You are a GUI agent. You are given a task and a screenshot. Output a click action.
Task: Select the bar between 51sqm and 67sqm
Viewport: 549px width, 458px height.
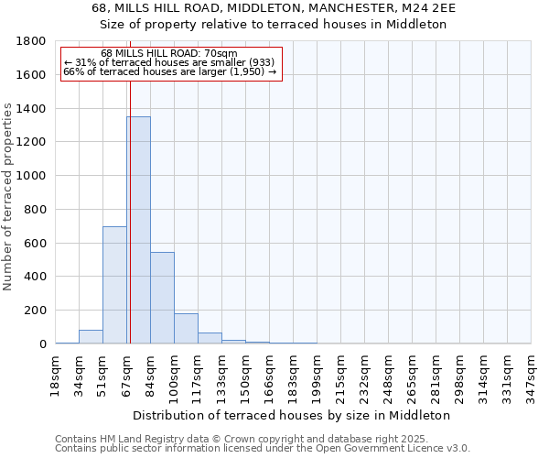(x=114, y=284)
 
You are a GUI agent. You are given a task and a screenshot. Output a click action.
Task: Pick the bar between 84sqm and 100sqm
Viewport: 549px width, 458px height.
(x=162, y=298)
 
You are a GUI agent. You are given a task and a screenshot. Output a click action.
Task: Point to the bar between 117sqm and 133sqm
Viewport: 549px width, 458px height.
(x=210, y=339)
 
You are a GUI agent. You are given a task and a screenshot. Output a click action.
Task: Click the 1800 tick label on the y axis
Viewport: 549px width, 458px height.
(x=32, y=41)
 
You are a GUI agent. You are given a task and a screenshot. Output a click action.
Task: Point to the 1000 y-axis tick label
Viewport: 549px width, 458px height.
(x=32, y=176)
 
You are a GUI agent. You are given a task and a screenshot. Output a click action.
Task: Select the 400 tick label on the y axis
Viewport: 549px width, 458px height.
(x=36, y=277)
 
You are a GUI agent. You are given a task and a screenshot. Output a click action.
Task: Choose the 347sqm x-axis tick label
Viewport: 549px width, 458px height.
(x=532, y=373)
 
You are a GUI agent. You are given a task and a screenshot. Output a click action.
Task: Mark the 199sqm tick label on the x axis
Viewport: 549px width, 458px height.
(x=318, y=373)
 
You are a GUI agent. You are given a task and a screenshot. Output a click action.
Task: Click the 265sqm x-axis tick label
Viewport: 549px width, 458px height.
(x=413, y=373)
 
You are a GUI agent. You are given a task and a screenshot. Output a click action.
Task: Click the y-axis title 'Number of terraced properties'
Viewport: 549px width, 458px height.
(x=8, y=197)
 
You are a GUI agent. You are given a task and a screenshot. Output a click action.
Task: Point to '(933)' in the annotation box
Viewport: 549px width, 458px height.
(x=255, y=62)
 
